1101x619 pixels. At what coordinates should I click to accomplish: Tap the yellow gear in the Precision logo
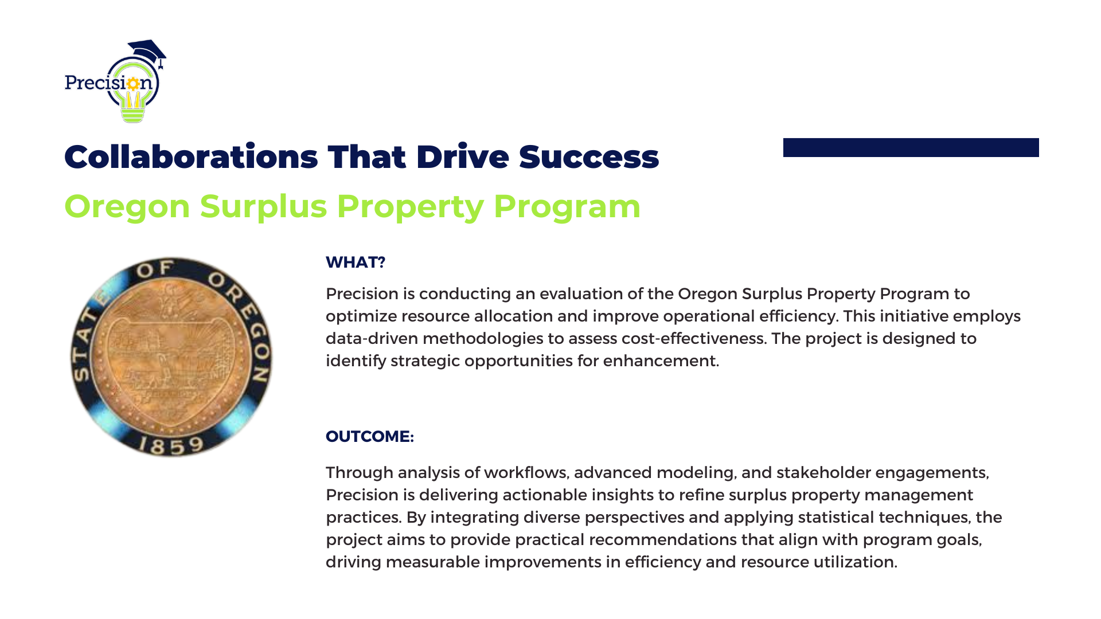[x=133, y=84]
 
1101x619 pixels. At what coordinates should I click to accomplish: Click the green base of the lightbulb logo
[x=133, y=115]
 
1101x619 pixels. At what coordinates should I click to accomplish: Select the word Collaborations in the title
[x=191, y=156]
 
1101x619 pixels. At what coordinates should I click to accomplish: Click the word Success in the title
[x=589, y=156]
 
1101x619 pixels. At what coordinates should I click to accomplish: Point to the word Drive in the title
[x=463, y=156]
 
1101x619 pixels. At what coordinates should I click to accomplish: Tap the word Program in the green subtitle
[x=567, y=206]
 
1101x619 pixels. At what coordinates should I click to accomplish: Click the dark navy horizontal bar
[x=911, y=147]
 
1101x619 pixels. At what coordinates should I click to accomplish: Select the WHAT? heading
[x=356, y=262]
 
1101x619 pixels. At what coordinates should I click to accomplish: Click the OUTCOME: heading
[x=370, y=436]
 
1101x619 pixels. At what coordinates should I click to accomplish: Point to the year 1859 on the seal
[x=171, y=445]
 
